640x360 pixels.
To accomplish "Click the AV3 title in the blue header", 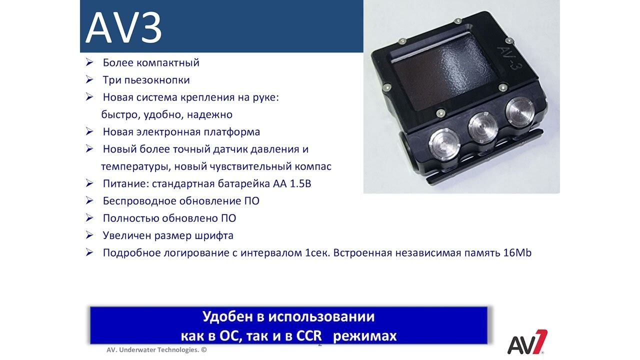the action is click(123, 27).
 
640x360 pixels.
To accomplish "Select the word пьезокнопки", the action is click(157, 80).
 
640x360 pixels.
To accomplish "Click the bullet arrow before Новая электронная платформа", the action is click(89, 131).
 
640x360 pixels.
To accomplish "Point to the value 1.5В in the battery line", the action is click(300, 183).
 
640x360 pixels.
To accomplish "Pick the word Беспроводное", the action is click(139, 201).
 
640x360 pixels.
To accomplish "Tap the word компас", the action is click(313, 166).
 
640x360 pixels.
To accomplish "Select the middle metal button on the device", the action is click(483, 127).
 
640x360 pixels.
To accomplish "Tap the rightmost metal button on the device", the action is click(520, 109).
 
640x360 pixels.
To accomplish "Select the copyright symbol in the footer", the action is click(203, 349).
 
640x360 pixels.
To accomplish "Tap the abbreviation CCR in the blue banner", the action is click(309, 336).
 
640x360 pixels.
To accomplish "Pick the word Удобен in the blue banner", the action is click(227, 316).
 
